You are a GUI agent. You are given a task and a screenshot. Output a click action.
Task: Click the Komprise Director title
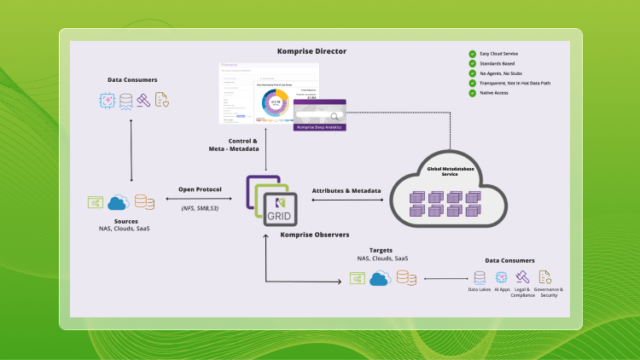tap(311, 51)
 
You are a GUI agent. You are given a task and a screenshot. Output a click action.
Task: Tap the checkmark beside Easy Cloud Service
tap(472, 54)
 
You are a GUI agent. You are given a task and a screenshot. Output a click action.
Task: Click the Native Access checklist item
tap(496, 93)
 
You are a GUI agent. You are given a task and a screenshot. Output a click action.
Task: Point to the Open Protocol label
tap(200, 189)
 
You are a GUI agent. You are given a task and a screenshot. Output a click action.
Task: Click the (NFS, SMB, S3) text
tap(200, 207)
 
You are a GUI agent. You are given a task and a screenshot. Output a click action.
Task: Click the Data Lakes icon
tap(480, 276)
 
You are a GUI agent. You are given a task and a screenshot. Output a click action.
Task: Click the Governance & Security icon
tap(544, 276)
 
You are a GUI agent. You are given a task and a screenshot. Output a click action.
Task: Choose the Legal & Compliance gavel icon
tap(522, 276)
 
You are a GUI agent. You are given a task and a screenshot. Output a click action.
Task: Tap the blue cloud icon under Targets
tap(380, 278)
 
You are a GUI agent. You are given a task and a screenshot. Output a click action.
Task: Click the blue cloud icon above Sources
tap(119, 202)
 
